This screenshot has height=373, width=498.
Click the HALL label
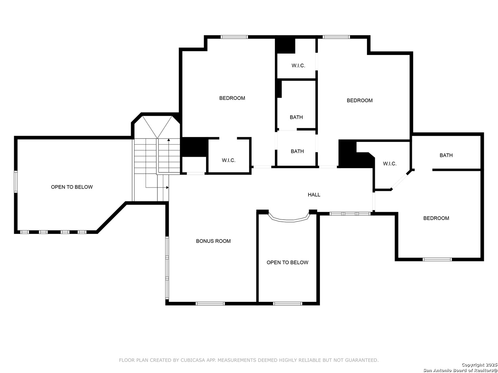[x=314, y=194]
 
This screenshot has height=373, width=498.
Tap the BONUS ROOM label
[x=213, y=241]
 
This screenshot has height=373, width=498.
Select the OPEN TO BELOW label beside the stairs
[x=72, y=187]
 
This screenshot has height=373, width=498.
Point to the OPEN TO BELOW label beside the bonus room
[x=287, y=262]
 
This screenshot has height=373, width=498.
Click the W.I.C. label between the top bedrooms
[x=298, y=66]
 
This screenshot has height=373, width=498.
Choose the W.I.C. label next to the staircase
[x=229, y=160]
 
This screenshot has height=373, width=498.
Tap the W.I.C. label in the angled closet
[x=389, y=163]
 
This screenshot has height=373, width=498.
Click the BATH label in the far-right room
[x=446, y=155]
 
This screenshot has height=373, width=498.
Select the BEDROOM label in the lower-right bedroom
[x=436, y=218]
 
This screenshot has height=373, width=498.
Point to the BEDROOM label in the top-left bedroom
[x=232, y=98]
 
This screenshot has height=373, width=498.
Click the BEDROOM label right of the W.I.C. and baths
[x=360, y=100]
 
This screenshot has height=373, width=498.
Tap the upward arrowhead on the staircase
[x=168, y=140]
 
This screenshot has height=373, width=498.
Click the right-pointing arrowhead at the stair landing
[x=167, y=188]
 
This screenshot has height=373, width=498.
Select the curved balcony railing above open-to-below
[x=289, y=220]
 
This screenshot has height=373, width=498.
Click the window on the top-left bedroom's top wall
[x=234, y=37]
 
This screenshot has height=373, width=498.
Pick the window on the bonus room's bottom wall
[x=210, y=304]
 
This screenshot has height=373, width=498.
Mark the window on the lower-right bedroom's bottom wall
[x=437, y=259]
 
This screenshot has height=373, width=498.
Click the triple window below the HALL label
[x=350, y=213]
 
